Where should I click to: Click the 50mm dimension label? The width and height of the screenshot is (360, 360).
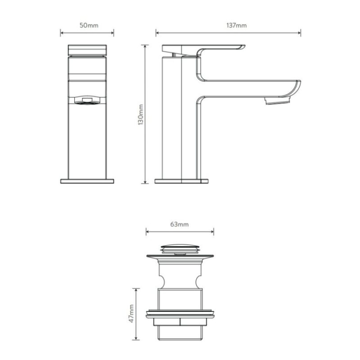(x=89, y=25)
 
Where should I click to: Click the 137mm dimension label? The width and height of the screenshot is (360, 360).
(x=237, y=25)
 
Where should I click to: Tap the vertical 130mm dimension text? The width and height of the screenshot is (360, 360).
(x=140, y=115)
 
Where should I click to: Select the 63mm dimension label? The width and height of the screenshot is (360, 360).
(x=179, y=224)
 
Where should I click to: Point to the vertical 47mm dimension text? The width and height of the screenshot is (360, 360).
(x=131, y=313)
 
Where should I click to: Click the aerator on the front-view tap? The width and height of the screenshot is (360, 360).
(x=87, y=100)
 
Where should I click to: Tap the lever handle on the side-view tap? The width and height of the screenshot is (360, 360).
(x=203, y=50)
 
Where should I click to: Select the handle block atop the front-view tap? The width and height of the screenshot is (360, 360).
(x=87, y=50)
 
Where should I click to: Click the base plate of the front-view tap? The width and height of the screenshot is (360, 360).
(x=87, y=181)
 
